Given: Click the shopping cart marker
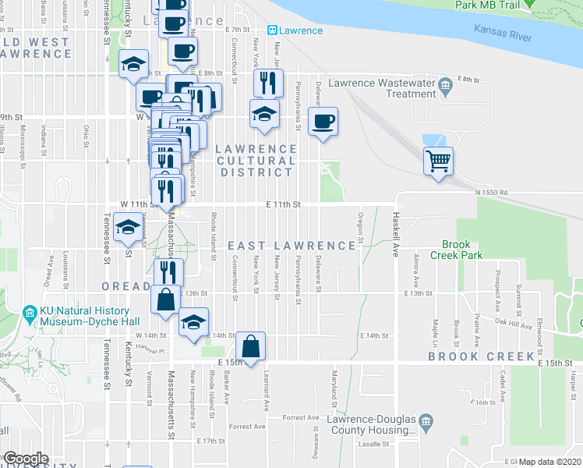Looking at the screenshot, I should (x=439, y=161).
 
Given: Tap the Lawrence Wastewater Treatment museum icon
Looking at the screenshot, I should (x=445, y=84).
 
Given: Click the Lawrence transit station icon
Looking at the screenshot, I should (x=273, y=30).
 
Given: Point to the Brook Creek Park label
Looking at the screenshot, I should (x=463, y=250).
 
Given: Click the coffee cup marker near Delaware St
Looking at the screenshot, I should (x=322, y=122).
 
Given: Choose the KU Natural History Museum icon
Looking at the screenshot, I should (x=30, y=314).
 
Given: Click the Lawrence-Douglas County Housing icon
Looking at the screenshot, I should (x=426, y=423).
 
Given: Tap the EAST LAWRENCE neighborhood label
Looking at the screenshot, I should (x=291, y=246).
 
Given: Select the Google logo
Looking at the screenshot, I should (x=25, y=459).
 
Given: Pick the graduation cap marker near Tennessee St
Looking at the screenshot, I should (x=128, y=229).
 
